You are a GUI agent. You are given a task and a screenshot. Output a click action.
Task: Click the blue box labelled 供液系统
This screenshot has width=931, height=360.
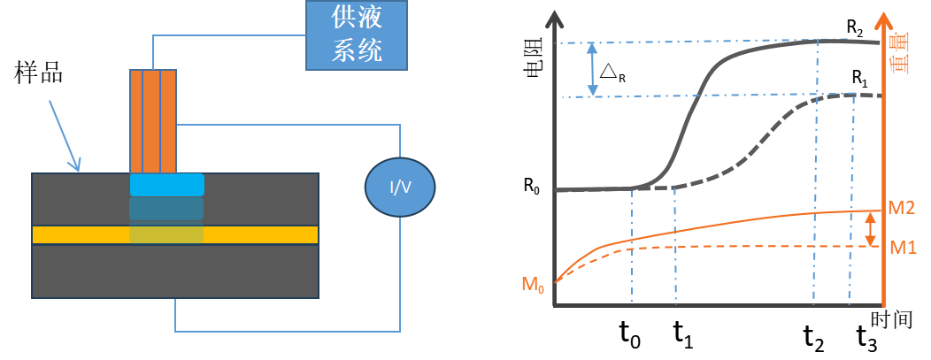point(356,35)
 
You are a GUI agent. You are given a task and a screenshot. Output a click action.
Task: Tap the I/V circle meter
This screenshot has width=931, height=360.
point(400,187)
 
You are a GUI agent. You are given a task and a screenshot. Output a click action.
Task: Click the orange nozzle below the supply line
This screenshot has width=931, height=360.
point(153,121)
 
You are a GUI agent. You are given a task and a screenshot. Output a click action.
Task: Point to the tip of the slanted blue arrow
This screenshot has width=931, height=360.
point(79,170)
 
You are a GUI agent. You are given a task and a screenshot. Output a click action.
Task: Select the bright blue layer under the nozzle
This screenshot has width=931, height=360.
point(166,185)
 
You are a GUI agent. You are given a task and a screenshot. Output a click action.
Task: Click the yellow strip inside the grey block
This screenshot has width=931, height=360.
point(257,234)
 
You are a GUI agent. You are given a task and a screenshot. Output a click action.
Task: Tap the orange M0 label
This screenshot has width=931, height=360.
point(535,284)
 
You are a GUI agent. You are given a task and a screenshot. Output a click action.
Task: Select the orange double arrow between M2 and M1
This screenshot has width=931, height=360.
point(870,229)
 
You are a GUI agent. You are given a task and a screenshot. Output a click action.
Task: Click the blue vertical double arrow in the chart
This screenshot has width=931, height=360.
point(593,69)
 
